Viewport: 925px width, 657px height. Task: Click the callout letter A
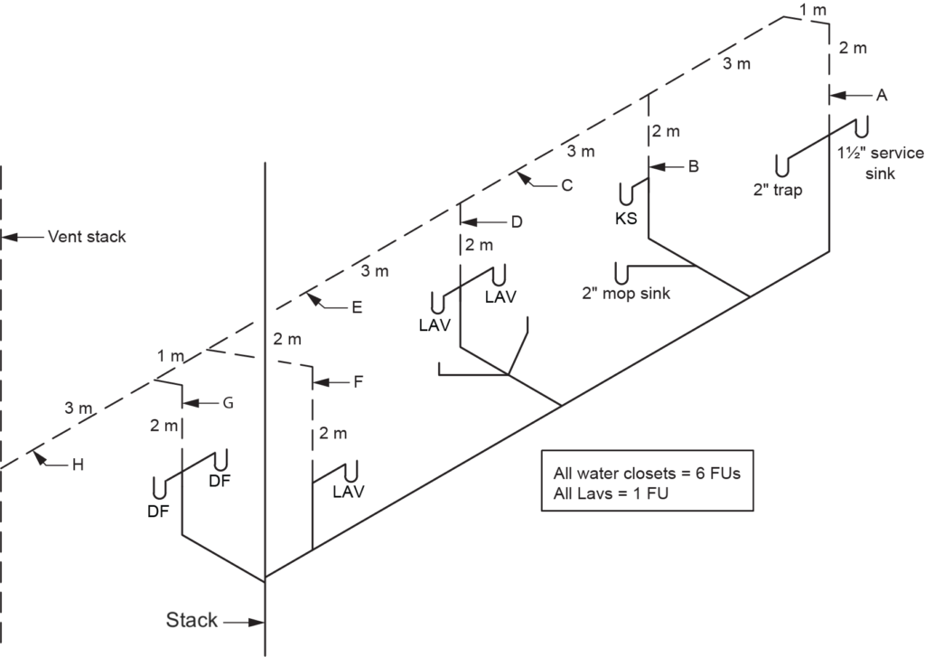coord(882,95)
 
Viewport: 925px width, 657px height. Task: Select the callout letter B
coord(693,166)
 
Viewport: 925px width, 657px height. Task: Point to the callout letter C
coord(566,186)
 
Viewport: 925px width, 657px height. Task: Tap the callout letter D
coord(516,221)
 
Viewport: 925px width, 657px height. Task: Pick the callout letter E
coord(357,307)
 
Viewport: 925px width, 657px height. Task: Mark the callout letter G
coord(228,403)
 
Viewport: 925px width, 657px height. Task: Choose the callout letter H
coord(78,465)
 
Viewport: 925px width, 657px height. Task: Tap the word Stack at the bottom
coord(192,621)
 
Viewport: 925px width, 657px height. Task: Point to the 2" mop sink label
coord(627,293)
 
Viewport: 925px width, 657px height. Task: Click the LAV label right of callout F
coord(348,492)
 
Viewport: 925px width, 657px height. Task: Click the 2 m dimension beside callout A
coord(853,49)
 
